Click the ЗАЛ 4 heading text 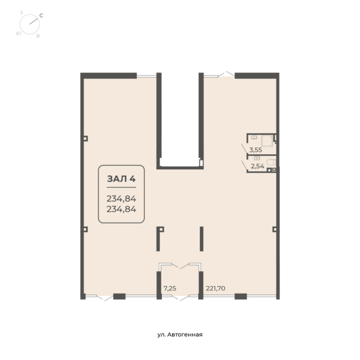[121, 179]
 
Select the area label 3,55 [256, 150]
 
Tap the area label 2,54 [257, 166]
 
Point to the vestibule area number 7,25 [170, 288]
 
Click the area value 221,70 [215, 288]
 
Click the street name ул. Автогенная [180, 335]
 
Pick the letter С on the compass [41, 16]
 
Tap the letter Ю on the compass [19, 34]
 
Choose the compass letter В [38, 36]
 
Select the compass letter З [22, 13]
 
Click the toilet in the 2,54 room [272, 163]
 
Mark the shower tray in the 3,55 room [267, 141]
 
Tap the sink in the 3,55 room [254, 137]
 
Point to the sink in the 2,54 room [257, 158]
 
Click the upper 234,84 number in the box [121, 199]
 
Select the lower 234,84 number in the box [121, 209]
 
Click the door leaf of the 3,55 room [245, 149]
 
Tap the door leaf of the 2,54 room [245, 166]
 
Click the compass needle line [34, 20]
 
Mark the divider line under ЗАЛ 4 [121, 188]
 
